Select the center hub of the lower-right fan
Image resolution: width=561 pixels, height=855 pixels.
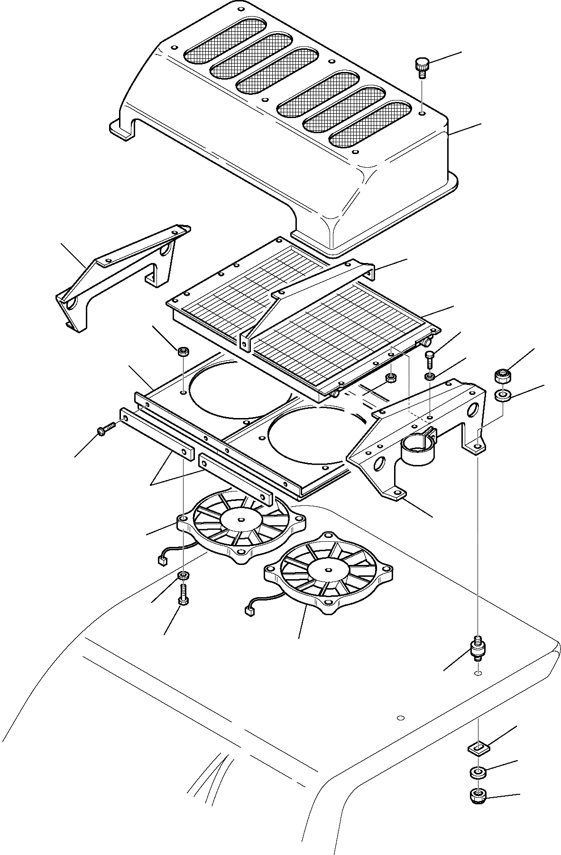[x=327, y=567]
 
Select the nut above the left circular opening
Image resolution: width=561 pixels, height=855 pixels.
[x=183, y=352]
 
